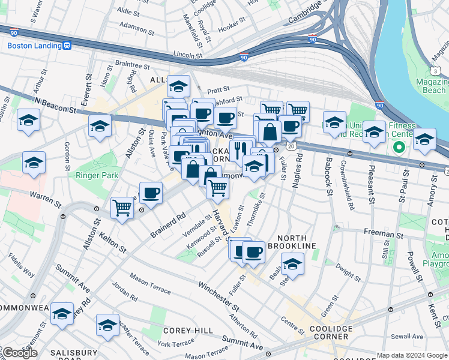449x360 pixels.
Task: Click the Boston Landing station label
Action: coord(34,46)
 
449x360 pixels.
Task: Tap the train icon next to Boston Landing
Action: coord(67,46)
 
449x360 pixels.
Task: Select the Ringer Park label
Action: coord(97,175)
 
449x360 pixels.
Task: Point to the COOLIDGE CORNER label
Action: coord(330,333)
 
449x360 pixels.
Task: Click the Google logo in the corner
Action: coord(19,353)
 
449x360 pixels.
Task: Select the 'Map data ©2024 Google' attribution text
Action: coord(411,355)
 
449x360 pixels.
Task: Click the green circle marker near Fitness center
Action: coord(397,146)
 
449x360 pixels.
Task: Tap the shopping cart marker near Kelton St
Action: coord(122,208)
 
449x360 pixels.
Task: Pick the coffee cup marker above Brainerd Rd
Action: coord(151,193)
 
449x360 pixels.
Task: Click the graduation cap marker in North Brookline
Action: coord(292,264)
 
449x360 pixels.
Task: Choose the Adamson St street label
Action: coord(137,26)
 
